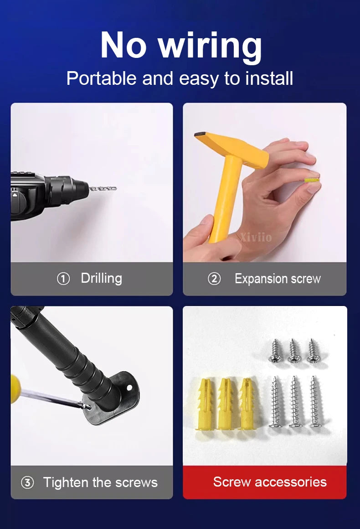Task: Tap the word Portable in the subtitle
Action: [x=102, y=79]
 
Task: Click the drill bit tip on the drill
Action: [x=115, y=188]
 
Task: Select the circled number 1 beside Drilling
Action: [x=63, y=279]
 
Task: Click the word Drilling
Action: [x=102, y=279]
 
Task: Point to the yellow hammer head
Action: [x=231, y=148]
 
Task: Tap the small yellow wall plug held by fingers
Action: [x=312, y=180]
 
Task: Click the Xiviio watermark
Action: [x=256, y=237]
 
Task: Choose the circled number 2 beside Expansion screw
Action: [x=214, y=279]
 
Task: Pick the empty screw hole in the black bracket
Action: [x=129, y=388]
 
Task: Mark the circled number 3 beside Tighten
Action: [x=27, y=482]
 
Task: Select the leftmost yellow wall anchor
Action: [x=205, y=404]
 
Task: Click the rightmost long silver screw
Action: [x=316, y=401]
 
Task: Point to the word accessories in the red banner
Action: [x=291, y=482]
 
